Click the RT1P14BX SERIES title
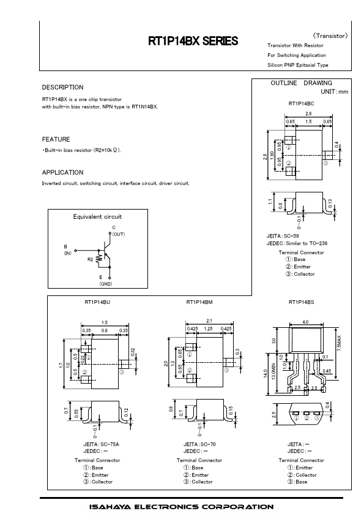(x=193, y=41)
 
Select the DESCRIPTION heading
(x=63, y=87)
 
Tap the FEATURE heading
(x=56, y=139)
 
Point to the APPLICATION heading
(x=63, y=172)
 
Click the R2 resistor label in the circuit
(x=91, y=259)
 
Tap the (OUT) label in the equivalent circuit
(x=119, y=234)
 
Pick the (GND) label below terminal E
(x=106, y=284)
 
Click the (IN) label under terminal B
(x=68, y=253)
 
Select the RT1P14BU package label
(x=97, y=302)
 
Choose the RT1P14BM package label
(x=199, y=302)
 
